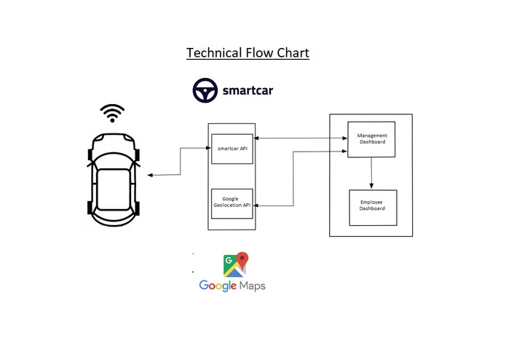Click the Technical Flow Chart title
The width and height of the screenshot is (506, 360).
248,53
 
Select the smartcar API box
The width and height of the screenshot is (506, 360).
232,149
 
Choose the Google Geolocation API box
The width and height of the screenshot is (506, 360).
232,202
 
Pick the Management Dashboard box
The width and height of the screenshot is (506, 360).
372,138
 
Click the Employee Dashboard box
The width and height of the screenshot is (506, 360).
372,205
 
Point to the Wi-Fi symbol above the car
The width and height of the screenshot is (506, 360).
111,114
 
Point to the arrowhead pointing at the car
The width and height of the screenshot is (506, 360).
149,176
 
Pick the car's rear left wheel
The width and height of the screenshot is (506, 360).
90,207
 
